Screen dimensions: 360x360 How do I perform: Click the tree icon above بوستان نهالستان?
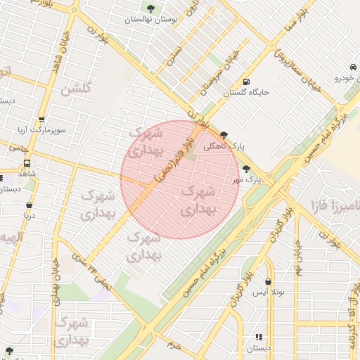pos(150,8)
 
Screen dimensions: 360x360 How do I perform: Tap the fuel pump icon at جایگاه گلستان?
pos(245,81)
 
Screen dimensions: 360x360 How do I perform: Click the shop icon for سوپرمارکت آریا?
pos(42,120)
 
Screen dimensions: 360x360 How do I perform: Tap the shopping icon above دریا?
pos(28,205)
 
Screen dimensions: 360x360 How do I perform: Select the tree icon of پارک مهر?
pos(246,169)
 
